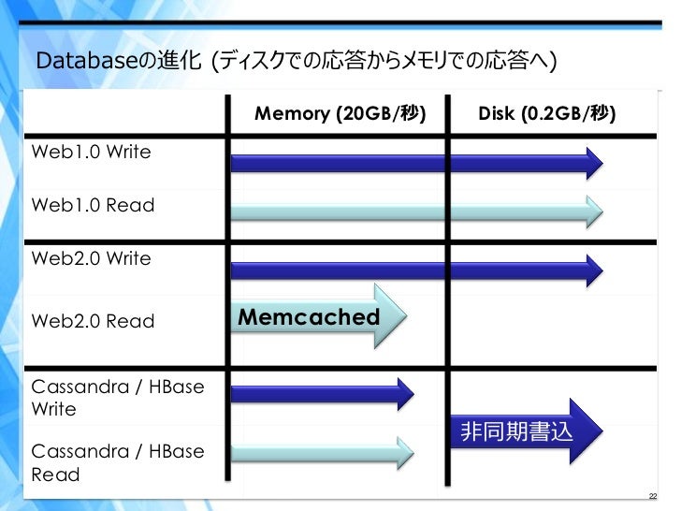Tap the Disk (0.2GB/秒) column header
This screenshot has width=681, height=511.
point(546,114)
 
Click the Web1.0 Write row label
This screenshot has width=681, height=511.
point(91,152)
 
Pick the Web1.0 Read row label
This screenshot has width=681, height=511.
point(93,205)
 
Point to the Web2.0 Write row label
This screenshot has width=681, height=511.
point(91,258)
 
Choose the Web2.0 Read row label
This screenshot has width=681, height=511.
point(93,321)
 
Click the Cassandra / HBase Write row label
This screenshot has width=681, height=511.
point(118,398)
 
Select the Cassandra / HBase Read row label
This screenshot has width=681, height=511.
point(118,462)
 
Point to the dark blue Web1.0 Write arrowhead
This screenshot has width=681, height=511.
point(592,164)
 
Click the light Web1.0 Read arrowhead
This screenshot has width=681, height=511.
point(592,213)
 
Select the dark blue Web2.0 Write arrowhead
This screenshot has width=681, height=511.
point(592,269)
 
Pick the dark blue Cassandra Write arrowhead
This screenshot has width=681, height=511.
point(403,394)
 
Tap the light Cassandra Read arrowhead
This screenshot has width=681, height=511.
point(403,453)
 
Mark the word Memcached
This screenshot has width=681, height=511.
point(309,318)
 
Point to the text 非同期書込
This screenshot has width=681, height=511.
point(515,432)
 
